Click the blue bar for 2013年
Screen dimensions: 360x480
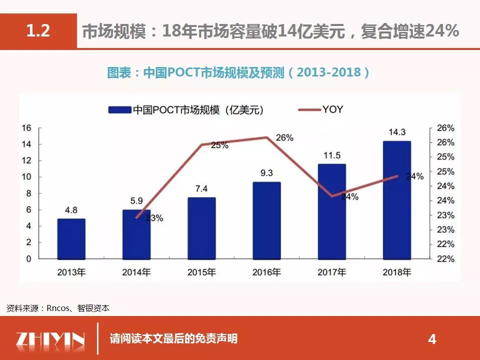[x=71, y=239]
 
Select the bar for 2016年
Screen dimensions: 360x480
[x=266, y=220]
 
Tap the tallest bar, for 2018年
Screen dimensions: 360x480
[x=396, y=200]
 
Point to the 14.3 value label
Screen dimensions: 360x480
[x=396, y=132]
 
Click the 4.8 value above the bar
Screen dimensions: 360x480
[x=71, y=210]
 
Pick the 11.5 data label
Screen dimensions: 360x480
[x=331, y=155]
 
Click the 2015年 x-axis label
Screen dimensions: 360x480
[x=201, y=273]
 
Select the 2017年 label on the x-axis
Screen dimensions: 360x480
[x=331, y=273]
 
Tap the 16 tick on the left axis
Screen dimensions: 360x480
[x=26, y=128]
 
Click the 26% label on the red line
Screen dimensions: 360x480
[x=284, y=137]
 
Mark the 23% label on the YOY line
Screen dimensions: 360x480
[x=154, y=218]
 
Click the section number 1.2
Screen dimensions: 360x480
[x=38, y=31]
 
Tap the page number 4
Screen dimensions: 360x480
[x=432, y=340]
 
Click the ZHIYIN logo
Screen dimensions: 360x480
[x=50, y=340]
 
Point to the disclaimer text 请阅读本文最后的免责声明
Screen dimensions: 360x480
[x=173, y=339]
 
